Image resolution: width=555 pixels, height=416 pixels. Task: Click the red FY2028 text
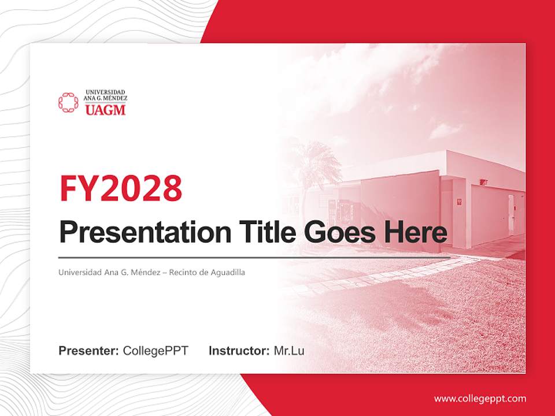(x=121, y=188)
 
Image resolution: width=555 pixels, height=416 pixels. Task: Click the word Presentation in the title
(x=136, y=233)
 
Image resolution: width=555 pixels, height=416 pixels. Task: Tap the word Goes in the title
(x=338, y=232)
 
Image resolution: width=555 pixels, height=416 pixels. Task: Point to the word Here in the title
(x=416, y=232)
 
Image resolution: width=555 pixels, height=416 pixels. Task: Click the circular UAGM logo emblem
(x=68, y=102)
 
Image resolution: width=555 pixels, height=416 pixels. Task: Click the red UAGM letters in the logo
(x=105, y=110)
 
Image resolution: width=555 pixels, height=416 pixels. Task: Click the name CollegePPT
(x=156, y=351)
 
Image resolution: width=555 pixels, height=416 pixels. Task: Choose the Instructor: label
(x=239, y=351)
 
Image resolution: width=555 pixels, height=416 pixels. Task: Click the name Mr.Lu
(x=289, y=351)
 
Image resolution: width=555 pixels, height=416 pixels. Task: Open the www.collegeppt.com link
(x=480, y=399)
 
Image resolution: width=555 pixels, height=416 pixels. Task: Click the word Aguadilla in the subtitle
(x=228, y=272)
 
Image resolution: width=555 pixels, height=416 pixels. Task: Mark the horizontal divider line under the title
(x=254, y=257)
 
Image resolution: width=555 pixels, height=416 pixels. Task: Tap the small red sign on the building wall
(x=458, y=202)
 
